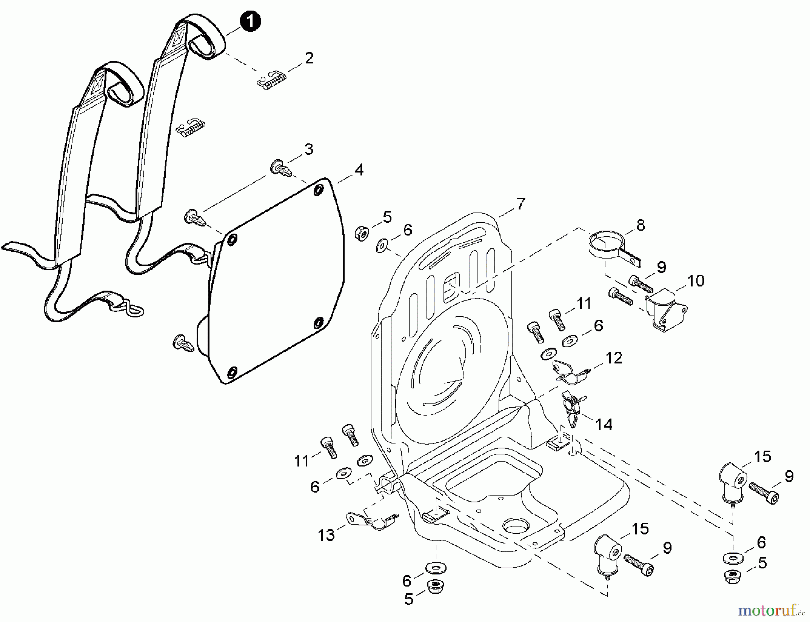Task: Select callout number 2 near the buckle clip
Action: [309, 58]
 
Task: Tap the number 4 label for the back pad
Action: [359, 170]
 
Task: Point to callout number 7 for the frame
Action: [521, 204]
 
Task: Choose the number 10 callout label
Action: [695, 281]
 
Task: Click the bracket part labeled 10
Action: [665, 311]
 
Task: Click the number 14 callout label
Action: [603, 424]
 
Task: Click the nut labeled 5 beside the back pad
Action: [362, 233]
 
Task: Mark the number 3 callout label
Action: [309, 149]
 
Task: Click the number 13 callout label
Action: [326, 535]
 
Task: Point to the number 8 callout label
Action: [640, 225]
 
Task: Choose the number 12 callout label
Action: [613, 358]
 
